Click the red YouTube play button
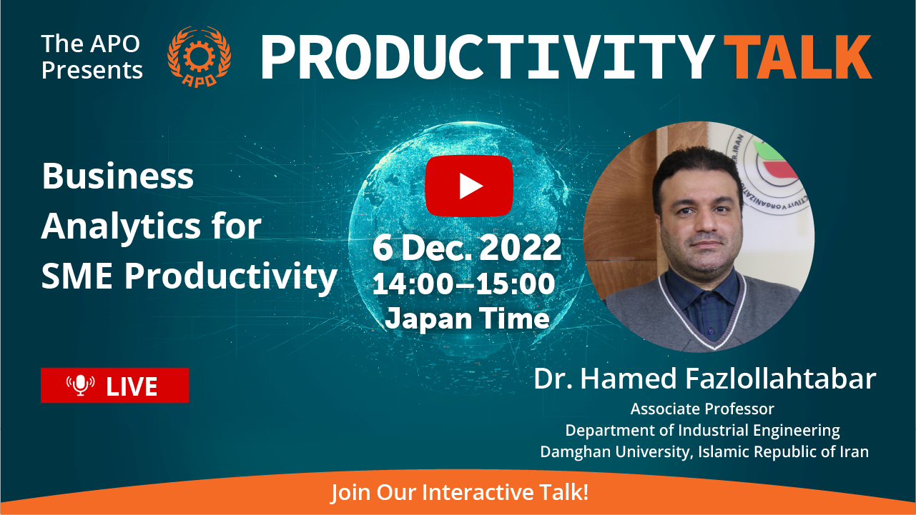point(469,186)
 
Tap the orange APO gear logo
point(200,56)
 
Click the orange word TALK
point(798,56)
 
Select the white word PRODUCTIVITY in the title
point(487,56)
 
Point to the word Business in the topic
point(117,176)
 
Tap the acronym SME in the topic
point(77,276)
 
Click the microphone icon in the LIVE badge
point(81,385)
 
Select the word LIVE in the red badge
point(132,386)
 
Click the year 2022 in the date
point(520,247)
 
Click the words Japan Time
point(468,319)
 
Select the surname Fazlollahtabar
point(781,379)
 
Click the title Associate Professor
point(702,409)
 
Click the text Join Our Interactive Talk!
point(460,492)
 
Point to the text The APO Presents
point(92,56)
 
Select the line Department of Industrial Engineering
point(702,431)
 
